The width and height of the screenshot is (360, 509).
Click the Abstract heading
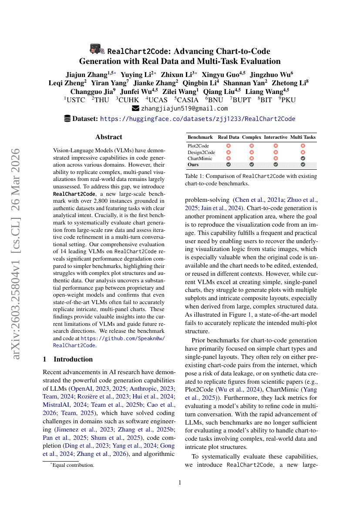(108, 137)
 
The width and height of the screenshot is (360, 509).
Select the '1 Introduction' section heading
(67, 359)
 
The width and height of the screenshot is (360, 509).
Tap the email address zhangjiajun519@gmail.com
(184, 108)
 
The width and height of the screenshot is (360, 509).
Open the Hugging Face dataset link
(198, 119)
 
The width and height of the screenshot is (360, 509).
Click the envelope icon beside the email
(135, 108)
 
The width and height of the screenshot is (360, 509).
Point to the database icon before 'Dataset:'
(67, 119)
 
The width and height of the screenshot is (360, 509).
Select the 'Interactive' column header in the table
(276, 137)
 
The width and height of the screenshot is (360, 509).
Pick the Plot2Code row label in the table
(198, 146)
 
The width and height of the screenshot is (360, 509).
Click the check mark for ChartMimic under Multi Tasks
(303, 159)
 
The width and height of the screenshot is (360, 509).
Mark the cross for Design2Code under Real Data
(229, 153)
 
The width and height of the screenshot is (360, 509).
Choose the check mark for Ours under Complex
(251, 165)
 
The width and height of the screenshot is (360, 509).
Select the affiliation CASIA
(186, 100)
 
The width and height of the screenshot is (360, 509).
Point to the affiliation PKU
(287, 100)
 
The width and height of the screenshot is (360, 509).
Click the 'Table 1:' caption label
(195, 176)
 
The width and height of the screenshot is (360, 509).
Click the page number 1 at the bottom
(180, 482)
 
